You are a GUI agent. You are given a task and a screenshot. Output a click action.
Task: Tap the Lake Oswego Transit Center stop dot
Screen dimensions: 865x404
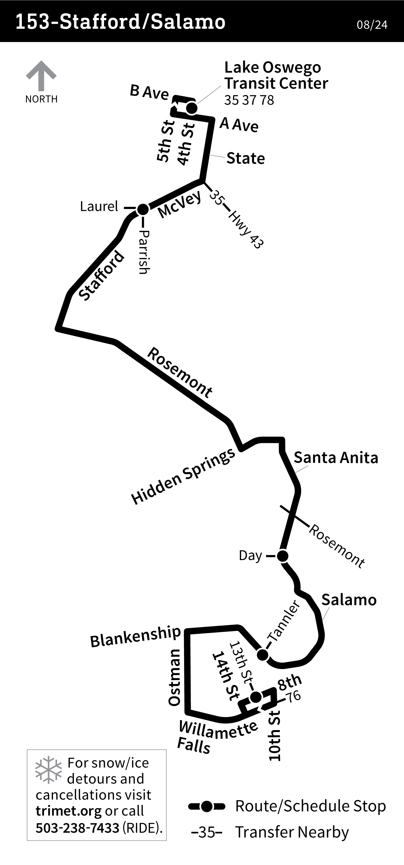point(191,108)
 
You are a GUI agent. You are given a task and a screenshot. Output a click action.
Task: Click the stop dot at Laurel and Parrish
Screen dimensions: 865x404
point(143,209)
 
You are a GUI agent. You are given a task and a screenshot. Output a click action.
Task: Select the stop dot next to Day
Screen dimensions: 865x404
point(282,556)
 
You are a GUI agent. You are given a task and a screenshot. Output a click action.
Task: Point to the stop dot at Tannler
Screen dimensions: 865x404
point(263,654)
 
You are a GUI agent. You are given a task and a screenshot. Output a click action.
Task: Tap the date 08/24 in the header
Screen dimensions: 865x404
point(372,25)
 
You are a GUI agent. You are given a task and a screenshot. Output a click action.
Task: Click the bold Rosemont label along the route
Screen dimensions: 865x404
point(180,373)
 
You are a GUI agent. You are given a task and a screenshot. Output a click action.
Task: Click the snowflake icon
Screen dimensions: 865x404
point(49,770)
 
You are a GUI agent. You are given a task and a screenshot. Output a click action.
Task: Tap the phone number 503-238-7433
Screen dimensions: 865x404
point(77,828)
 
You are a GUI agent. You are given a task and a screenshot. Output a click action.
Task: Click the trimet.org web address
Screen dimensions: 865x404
point(69,811)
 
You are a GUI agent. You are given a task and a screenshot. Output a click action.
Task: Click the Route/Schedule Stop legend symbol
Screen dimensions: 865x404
point(207,806)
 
